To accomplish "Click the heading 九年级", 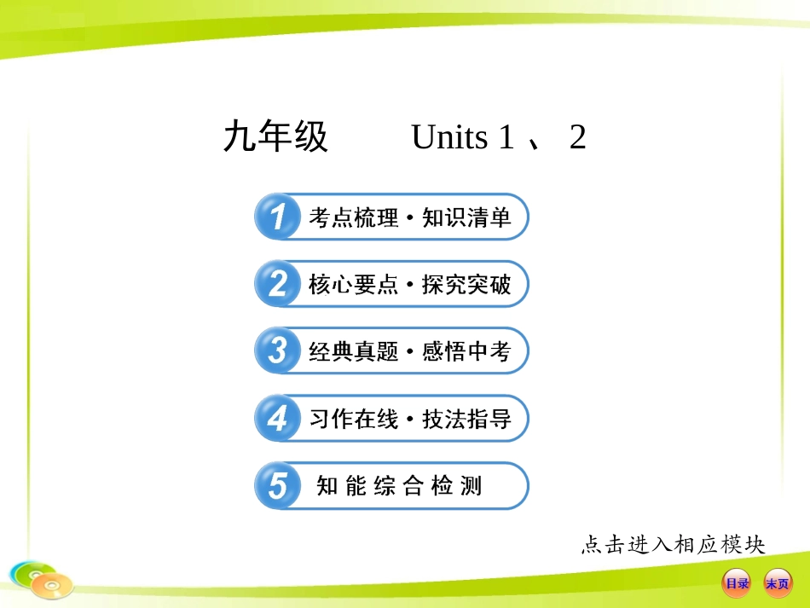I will click(x=275, y=137).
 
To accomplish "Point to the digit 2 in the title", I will click(x=577, y=137).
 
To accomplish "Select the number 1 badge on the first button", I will click(x=277, y=217).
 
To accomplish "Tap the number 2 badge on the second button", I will click(x=277, y=284).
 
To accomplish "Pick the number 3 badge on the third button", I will click(x=277, y=350).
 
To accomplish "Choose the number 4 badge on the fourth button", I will click(x=277, y=419).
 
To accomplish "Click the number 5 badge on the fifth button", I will click(x=277, y=486).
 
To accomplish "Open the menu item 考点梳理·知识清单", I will click(x=409, y=217).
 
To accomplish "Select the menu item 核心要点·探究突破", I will click(x=409, y=285).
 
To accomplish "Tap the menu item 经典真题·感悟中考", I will click(x=409, y=351).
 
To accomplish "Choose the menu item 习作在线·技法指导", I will click(x=409, y=419).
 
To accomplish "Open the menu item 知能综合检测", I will click(x=399, y=486).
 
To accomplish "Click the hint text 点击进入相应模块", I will click(x=673, y=544).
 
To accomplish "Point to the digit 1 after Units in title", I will click(x=506, y=137).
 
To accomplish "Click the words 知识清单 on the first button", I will click(x=466, y=217).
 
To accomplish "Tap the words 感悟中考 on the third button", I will click(x=466, y=351).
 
